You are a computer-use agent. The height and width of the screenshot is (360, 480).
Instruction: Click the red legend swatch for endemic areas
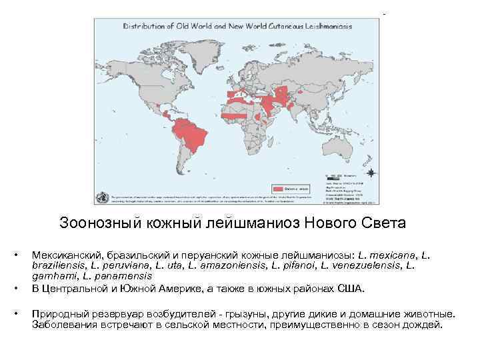click(x=281, y=189)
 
